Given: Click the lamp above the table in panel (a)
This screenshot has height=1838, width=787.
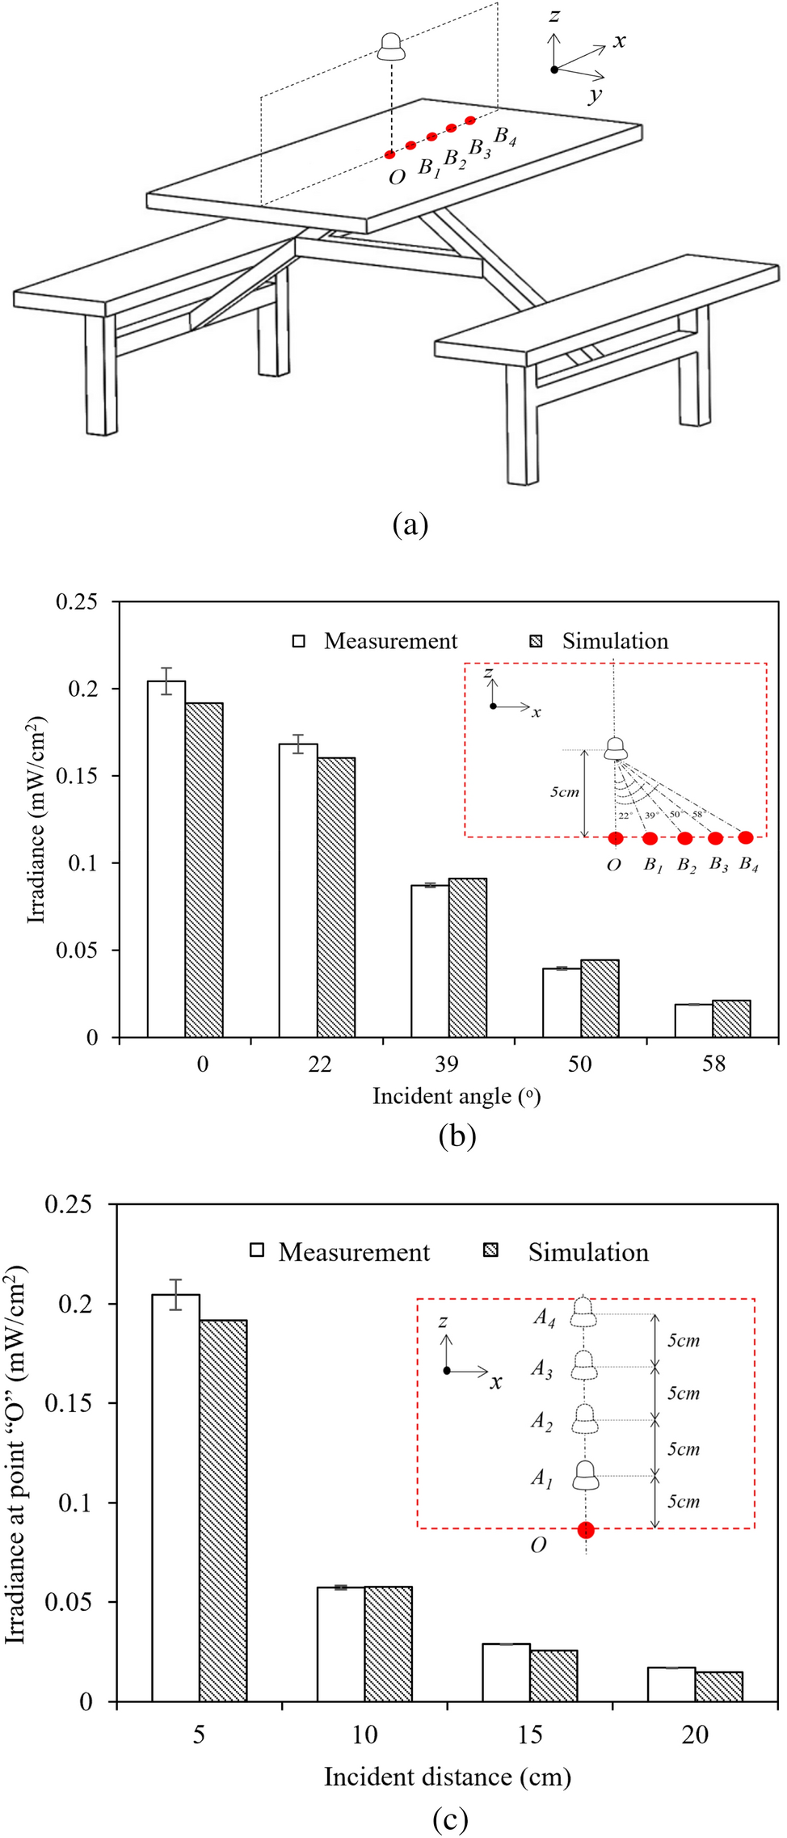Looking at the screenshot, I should coord(392,47).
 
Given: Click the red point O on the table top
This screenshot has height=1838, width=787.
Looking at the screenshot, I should coord(390,154).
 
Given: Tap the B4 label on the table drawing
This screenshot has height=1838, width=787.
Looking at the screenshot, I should coord(505,136).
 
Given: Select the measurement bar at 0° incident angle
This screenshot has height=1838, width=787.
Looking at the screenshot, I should coord(166,858).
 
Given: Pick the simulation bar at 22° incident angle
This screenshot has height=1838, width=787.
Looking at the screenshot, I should coord(336,897).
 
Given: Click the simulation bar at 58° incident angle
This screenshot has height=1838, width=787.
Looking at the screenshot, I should coord(731,1018).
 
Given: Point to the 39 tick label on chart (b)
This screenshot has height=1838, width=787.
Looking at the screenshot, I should coord(446,1064).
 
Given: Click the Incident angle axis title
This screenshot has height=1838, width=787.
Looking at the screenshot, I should coord(457,1096).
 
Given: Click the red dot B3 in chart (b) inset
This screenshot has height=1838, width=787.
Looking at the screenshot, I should coord(715,837).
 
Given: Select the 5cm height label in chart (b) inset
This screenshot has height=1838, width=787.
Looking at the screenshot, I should coord(565,792).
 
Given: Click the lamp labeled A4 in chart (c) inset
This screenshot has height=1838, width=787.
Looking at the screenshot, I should coord(585,1313).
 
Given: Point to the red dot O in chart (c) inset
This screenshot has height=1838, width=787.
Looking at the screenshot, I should coord(586,1529).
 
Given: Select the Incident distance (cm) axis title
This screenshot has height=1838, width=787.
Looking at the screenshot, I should coord(447,1777).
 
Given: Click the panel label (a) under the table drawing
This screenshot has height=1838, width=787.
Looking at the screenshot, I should coord(410,525).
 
